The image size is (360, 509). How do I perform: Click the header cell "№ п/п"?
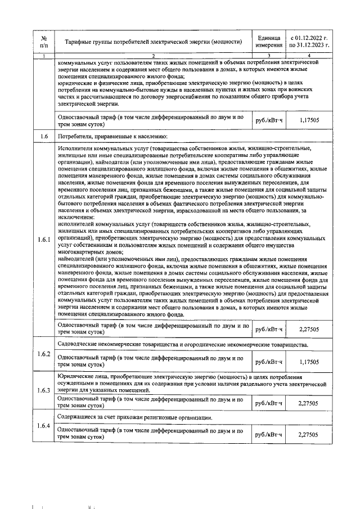44,41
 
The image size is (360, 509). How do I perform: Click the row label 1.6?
44,137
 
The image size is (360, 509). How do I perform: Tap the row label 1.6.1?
44,240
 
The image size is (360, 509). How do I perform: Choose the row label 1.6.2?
44,354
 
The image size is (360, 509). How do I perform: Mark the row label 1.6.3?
44,390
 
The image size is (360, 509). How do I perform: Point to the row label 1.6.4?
44,426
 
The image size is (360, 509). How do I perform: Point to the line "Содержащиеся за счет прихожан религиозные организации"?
135,417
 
